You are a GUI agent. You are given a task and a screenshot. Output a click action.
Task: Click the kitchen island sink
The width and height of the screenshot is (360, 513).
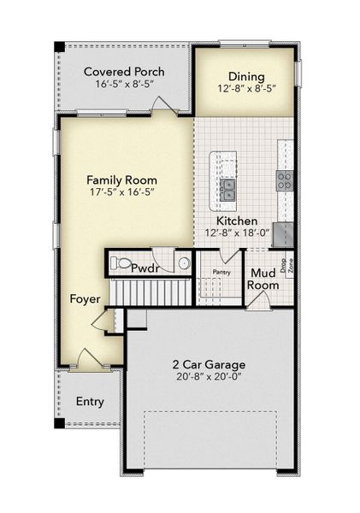[x=227, y=190]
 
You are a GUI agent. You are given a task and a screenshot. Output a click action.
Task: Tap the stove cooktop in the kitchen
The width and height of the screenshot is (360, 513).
[x=284, y=180]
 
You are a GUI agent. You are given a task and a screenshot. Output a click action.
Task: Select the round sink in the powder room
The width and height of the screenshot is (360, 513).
[x=183, y=264]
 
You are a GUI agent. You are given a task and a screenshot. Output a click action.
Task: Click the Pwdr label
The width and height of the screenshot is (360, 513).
[x=146, y=268]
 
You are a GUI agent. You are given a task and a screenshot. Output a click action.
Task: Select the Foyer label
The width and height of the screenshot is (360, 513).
[x=86, y=299]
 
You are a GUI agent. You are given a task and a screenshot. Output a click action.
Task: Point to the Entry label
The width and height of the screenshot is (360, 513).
[x=91, y=401]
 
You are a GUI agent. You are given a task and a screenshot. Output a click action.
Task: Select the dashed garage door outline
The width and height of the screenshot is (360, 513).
[x=211, y=440]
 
